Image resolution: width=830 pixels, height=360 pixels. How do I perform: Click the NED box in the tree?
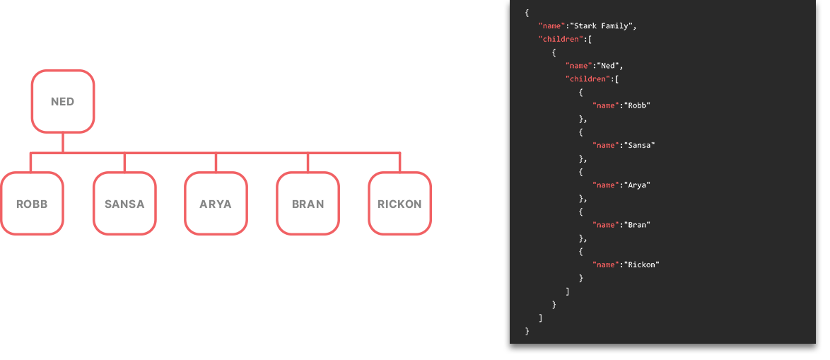62,101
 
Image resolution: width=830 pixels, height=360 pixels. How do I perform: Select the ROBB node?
32,203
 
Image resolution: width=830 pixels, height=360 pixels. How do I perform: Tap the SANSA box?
124,203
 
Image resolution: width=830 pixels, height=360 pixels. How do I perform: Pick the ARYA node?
216,203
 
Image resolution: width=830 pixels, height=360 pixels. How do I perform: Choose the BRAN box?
308,203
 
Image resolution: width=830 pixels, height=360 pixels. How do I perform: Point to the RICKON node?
399,203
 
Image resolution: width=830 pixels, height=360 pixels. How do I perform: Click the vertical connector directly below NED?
62,143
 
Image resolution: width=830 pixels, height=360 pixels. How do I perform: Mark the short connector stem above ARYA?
216,163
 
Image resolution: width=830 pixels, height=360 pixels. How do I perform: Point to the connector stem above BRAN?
308,163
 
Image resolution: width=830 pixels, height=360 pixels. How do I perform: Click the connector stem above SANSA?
124,163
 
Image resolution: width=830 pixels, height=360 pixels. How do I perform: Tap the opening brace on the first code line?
527,12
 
